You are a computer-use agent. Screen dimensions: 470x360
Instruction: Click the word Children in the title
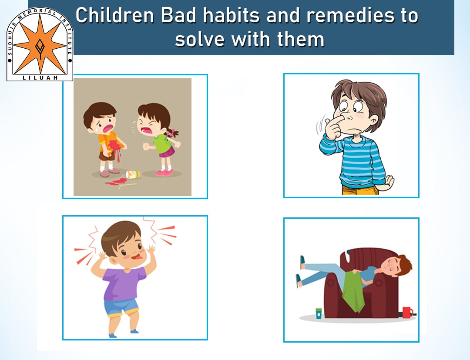[114, 16]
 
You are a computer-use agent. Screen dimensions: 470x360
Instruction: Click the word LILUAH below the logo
[40, 78]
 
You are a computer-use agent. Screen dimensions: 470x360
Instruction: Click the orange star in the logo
[40, 45]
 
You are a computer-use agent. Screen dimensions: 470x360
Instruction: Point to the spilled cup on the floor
[133, 175]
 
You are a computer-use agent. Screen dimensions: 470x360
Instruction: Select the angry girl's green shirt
[163, 142]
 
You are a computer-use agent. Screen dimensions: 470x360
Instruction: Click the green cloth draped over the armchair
[354, 290]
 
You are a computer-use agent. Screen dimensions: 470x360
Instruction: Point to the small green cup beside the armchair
[319, 313]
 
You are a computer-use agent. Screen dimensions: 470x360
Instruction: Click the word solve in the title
[200, 39]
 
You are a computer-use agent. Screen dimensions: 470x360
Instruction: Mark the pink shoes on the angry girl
[164, 172]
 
